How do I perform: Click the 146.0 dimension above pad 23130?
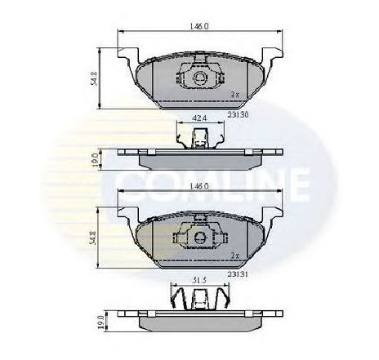point(199,26)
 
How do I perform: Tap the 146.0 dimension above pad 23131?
point(199,186)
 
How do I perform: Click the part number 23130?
point(238,115)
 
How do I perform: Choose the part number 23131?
point(238,274)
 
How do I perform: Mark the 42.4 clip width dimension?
point(199,119)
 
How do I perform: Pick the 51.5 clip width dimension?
point(199,280)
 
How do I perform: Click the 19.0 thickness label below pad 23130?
point(97,157)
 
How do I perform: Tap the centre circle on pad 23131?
point(199,239)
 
